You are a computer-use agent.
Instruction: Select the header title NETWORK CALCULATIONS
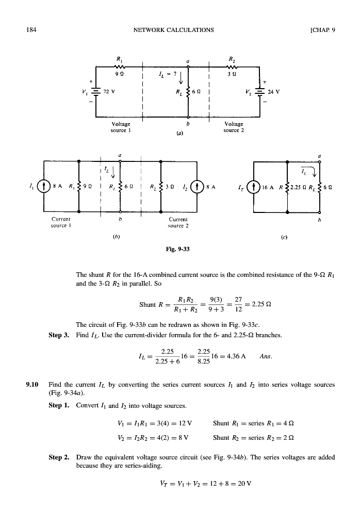173,29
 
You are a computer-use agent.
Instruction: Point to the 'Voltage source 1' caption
121,127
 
